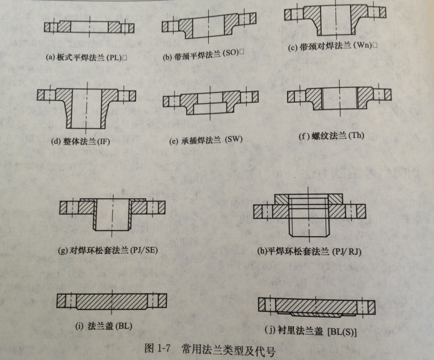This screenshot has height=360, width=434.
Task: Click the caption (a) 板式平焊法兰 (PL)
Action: pos(84,58)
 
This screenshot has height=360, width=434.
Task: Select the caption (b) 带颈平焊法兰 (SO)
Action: pos(201,55)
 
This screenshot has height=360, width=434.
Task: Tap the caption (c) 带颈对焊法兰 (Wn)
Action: pos(330,47)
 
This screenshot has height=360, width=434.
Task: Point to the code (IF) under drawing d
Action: pos(103,141)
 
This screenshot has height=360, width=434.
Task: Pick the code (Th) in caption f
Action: pos(356,135)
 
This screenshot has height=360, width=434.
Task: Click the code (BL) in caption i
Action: pos(124,326)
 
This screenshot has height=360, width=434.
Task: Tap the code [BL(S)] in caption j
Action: pos(342,332)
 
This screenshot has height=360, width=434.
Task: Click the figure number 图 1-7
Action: pos(157,348)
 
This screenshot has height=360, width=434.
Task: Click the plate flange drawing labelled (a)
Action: pos(89,27)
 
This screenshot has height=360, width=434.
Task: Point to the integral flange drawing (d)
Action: pos(86,108)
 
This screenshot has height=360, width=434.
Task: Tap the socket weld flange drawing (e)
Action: pos(210,102)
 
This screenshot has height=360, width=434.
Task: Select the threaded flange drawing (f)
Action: pos(339,98)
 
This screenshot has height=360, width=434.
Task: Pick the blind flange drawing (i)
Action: pos(112,302)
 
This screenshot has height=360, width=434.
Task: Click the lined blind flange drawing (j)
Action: pos(317,307)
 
